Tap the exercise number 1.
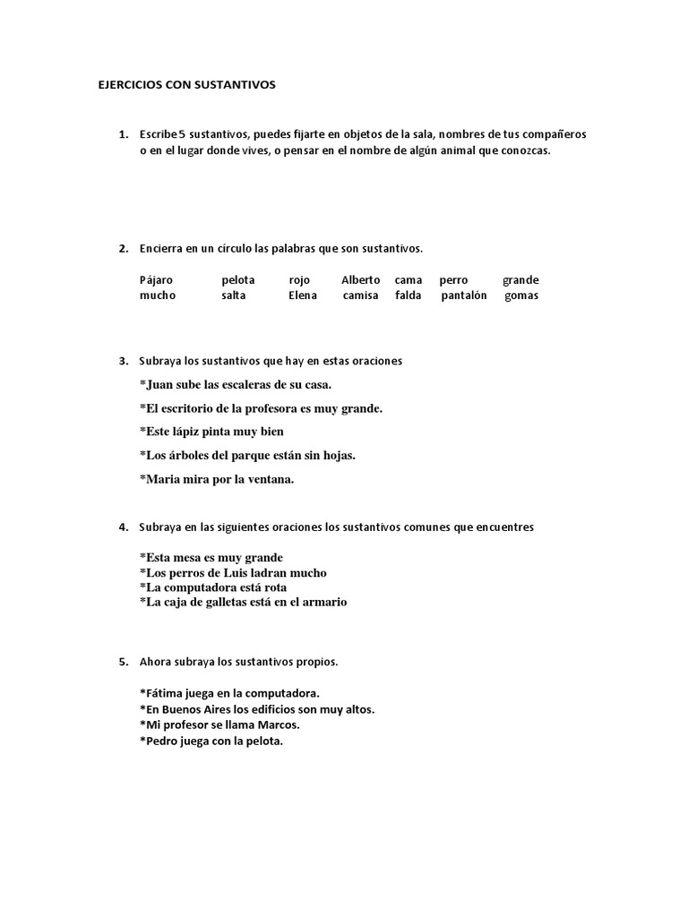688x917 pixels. coord(122,133)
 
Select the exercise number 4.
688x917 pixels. coord(122,527)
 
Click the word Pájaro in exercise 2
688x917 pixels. coord(156,280)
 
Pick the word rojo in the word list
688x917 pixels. coord(300,280)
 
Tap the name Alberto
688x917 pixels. coord(361,280)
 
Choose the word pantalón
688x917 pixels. coord(464,296)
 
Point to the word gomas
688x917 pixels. coord(521,296)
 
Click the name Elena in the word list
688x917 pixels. coord(303,296)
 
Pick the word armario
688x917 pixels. coord(324,602)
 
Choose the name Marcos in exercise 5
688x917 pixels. coord(278,724)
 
